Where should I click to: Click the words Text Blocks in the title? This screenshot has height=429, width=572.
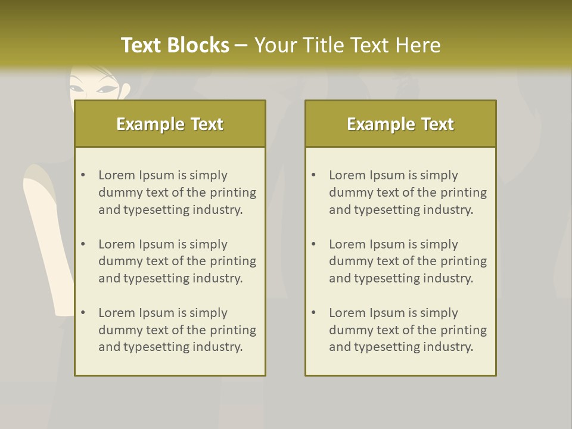(x=175, y=45)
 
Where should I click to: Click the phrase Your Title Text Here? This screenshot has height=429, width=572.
(x=347, y=45)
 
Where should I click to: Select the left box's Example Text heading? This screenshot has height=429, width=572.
(x=170, y=124)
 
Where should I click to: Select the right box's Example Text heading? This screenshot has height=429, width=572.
(x=400, y=124)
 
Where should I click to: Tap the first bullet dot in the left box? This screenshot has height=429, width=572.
(x=83, y=175)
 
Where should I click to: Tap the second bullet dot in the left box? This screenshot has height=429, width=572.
(x=83, y=244)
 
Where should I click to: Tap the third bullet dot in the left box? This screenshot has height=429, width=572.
(x=83, y=313)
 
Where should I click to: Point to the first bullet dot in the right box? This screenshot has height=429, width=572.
(x=314, y=175)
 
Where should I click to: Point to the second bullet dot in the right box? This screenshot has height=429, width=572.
(x=314, y=244)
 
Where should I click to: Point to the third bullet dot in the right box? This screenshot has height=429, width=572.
(x=314, y=313)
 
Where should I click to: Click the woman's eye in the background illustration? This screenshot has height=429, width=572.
(x=107, y=89)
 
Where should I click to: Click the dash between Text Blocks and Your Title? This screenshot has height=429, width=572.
(x=241, y=45)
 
